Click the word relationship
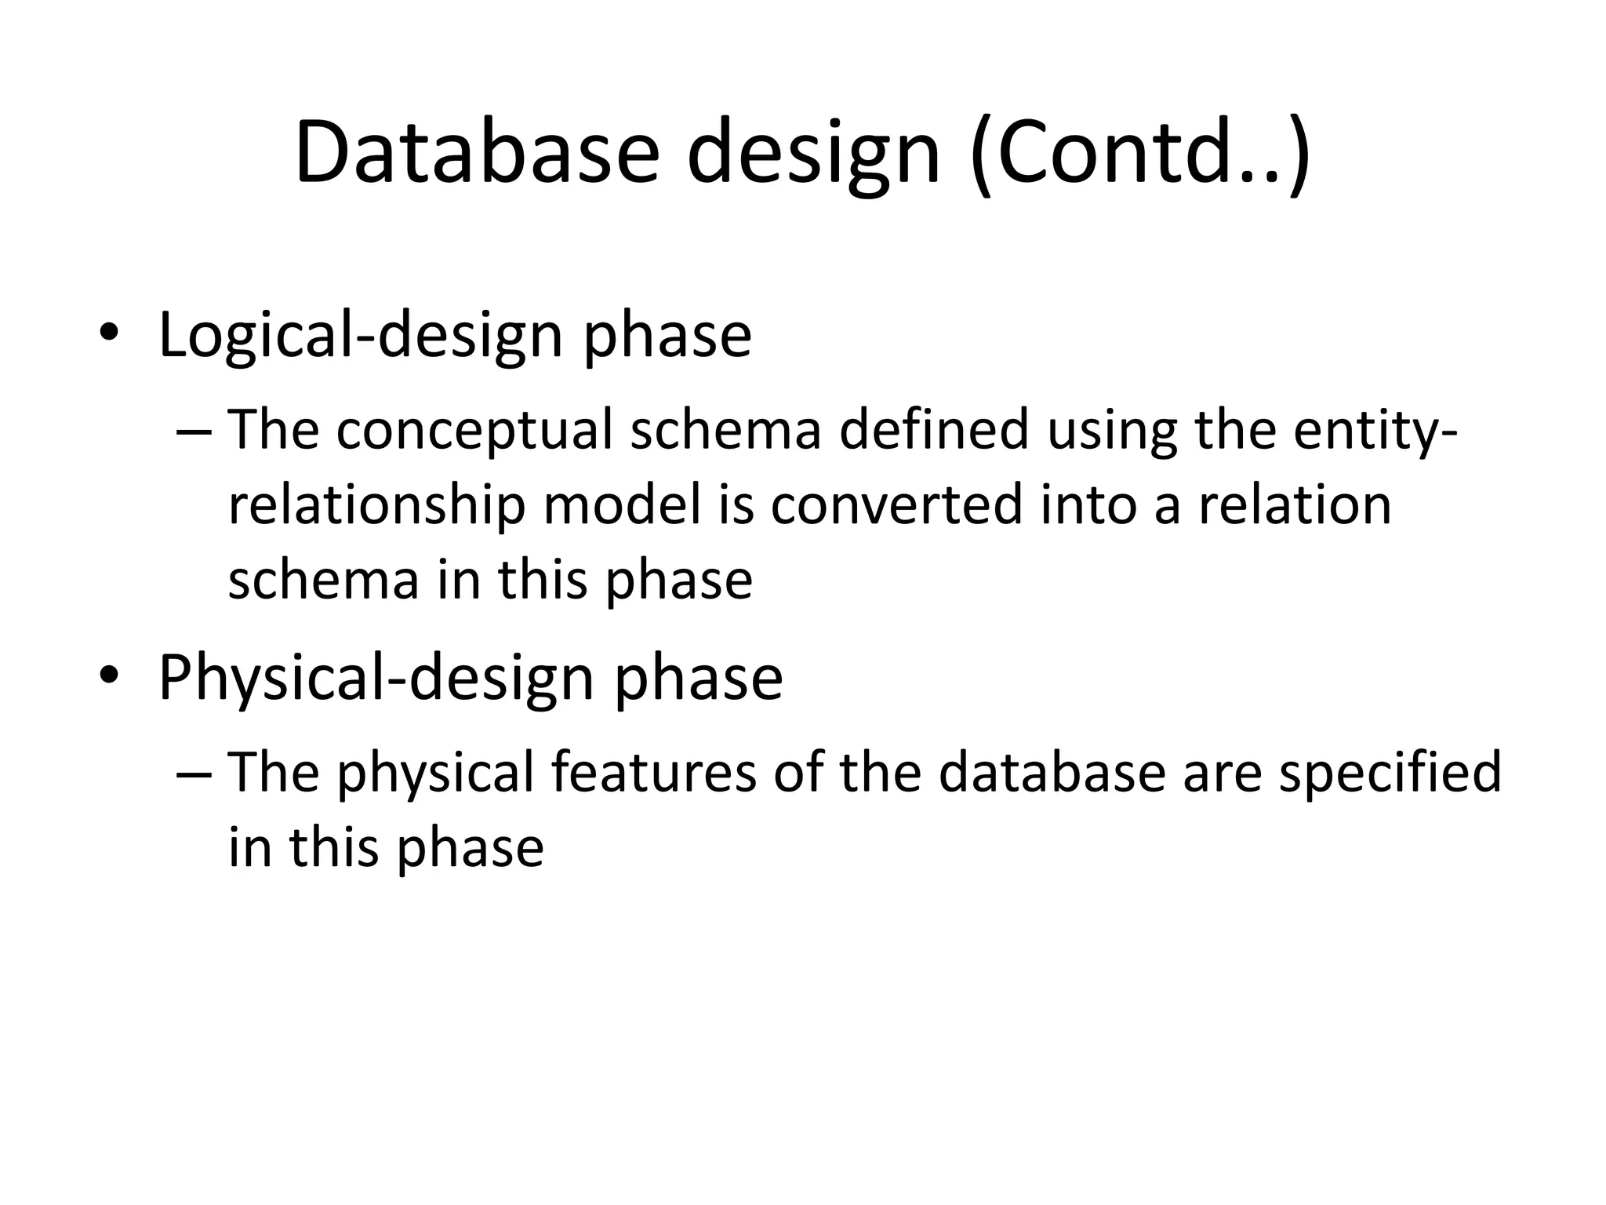click(376, 504)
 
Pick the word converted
click(896, 504)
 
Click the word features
click(653, 772)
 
